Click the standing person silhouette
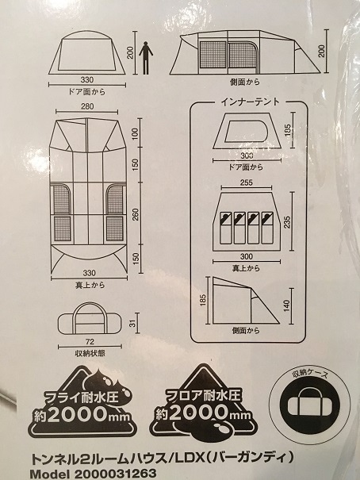[x=144, y=57]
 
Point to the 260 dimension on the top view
[x=135, y=215]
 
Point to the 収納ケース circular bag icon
[x=313, y=401]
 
